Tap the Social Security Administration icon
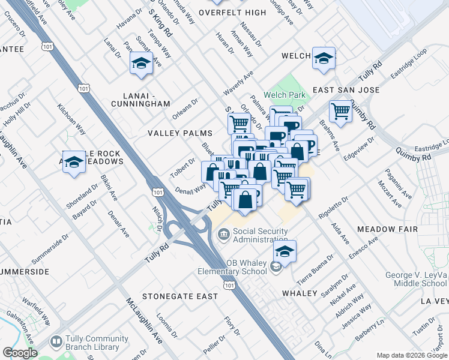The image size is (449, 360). click(223, 234)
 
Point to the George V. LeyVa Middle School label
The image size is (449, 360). click(417, 279)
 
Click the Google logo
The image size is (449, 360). click(20, 352)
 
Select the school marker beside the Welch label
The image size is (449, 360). click(324, 58)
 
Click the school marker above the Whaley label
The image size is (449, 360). click(285, 251)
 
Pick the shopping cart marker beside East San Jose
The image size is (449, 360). click(340, 111)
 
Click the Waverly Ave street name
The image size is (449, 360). click(239, 82)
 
